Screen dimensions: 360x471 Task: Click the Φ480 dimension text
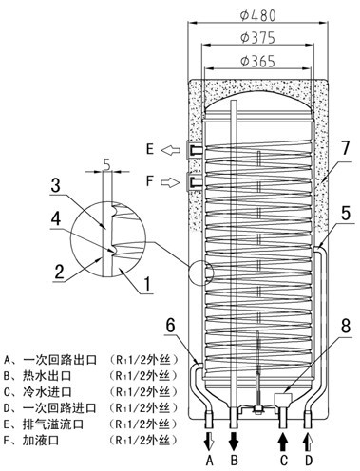point(257,15)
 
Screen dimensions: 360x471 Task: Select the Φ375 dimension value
point(257,38)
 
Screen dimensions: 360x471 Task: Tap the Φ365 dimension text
point(257,61)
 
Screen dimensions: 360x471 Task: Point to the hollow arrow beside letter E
point(171,149)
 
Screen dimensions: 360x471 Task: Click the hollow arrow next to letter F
point(171,182)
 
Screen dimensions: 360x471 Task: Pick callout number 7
point(345,148)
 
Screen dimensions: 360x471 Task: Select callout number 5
point(346,213)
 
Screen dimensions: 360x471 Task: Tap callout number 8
point(346,326)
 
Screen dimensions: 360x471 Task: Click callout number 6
point(171,326)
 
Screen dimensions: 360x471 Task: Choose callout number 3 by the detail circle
point(56,185)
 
